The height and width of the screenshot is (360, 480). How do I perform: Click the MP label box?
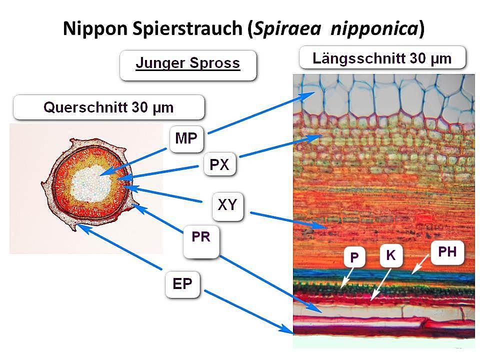click(x=186, y=139)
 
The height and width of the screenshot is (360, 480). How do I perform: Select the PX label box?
click(x=220, y=164)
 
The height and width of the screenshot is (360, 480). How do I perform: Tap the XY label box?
click(x=227, y=205)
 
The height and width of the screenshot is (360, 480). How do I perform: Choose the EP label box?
click(x=183, y=284)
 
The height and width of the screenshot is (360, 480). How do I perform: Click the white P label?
click(x=354, y=257)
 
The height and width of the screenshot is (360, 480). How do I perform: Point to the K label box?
click(x=391, y=255)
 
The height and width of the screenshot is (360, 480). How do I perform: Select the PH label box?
click(x=447, y=252)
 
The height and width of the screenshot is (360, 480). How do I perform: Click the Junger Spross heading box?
click(x=188, y=64)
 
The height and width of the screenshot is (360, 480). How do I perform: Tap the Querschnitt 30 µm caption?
click(x=109, y=107)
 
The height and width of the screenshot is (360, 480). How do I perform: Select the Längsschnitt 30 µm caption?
click(x=382, y=58)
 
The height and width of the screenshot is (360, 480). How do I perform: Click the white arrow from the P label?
click(x=346, y=278)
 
